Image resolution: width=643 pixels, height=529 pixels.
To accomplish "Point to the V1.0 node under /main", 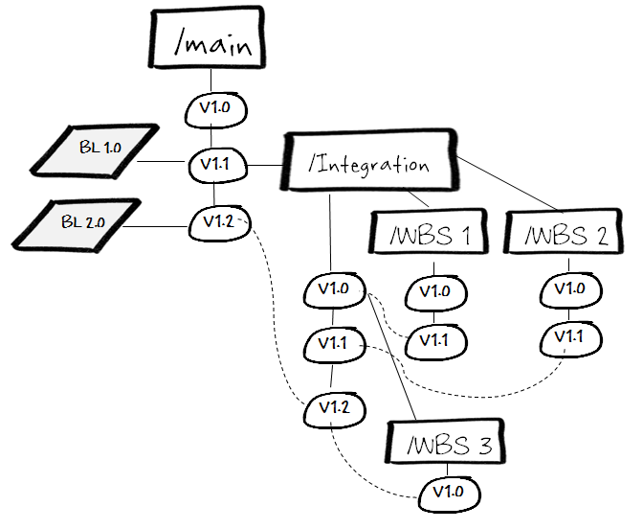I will [x=214, y=108].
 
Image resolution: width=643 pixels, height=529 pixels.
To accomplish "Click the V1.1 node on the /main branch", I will [x=214, y=165].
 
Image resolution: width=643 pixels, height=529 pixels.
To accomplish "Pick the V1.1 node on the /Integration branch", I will [x=332, y=342].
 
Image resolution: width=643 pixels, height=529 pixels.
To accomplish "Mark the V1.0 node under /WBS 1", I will [x=433, y=292].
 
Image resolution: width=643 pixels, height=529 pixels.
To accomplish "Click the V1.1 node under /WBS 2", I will [x=569, y=337].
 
